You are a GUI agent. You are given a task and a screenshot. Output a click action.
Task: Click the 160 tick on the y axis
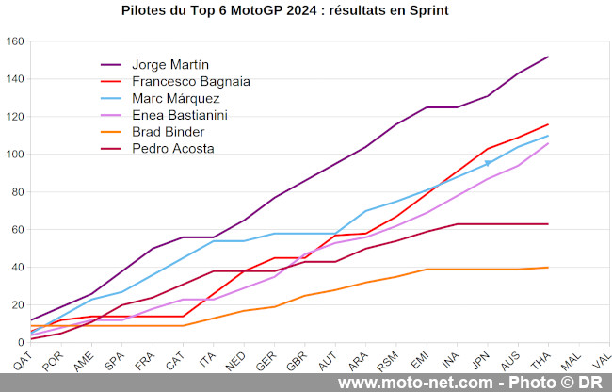point(14,41)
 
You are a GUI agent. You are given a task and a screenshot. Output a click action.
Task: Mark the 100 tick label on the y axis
point(14,155)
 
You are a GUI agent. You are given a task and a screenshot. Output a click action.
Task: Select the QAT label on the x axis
point(24,360)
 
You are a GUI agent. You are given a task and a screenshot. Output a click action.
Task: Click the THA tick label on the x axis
point(540,360)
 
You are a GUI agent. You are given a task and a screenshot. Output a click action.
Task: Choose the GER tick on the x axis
point(266,360)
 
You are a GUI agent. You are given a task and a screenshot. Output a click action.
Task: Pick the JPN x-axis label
point(479,360)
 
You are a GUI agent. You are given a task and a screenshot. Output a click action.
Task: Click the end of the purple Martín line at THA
point(548,57)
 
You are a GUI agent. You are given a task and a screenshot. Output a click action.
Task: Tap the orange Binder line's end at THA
point(548,267)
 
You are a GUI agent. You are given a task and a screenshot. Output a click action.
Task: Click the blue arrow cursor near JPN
point(487,163)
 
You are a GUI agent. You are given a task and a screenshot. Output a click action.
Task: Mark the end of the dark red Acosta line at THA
point(548,223)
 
